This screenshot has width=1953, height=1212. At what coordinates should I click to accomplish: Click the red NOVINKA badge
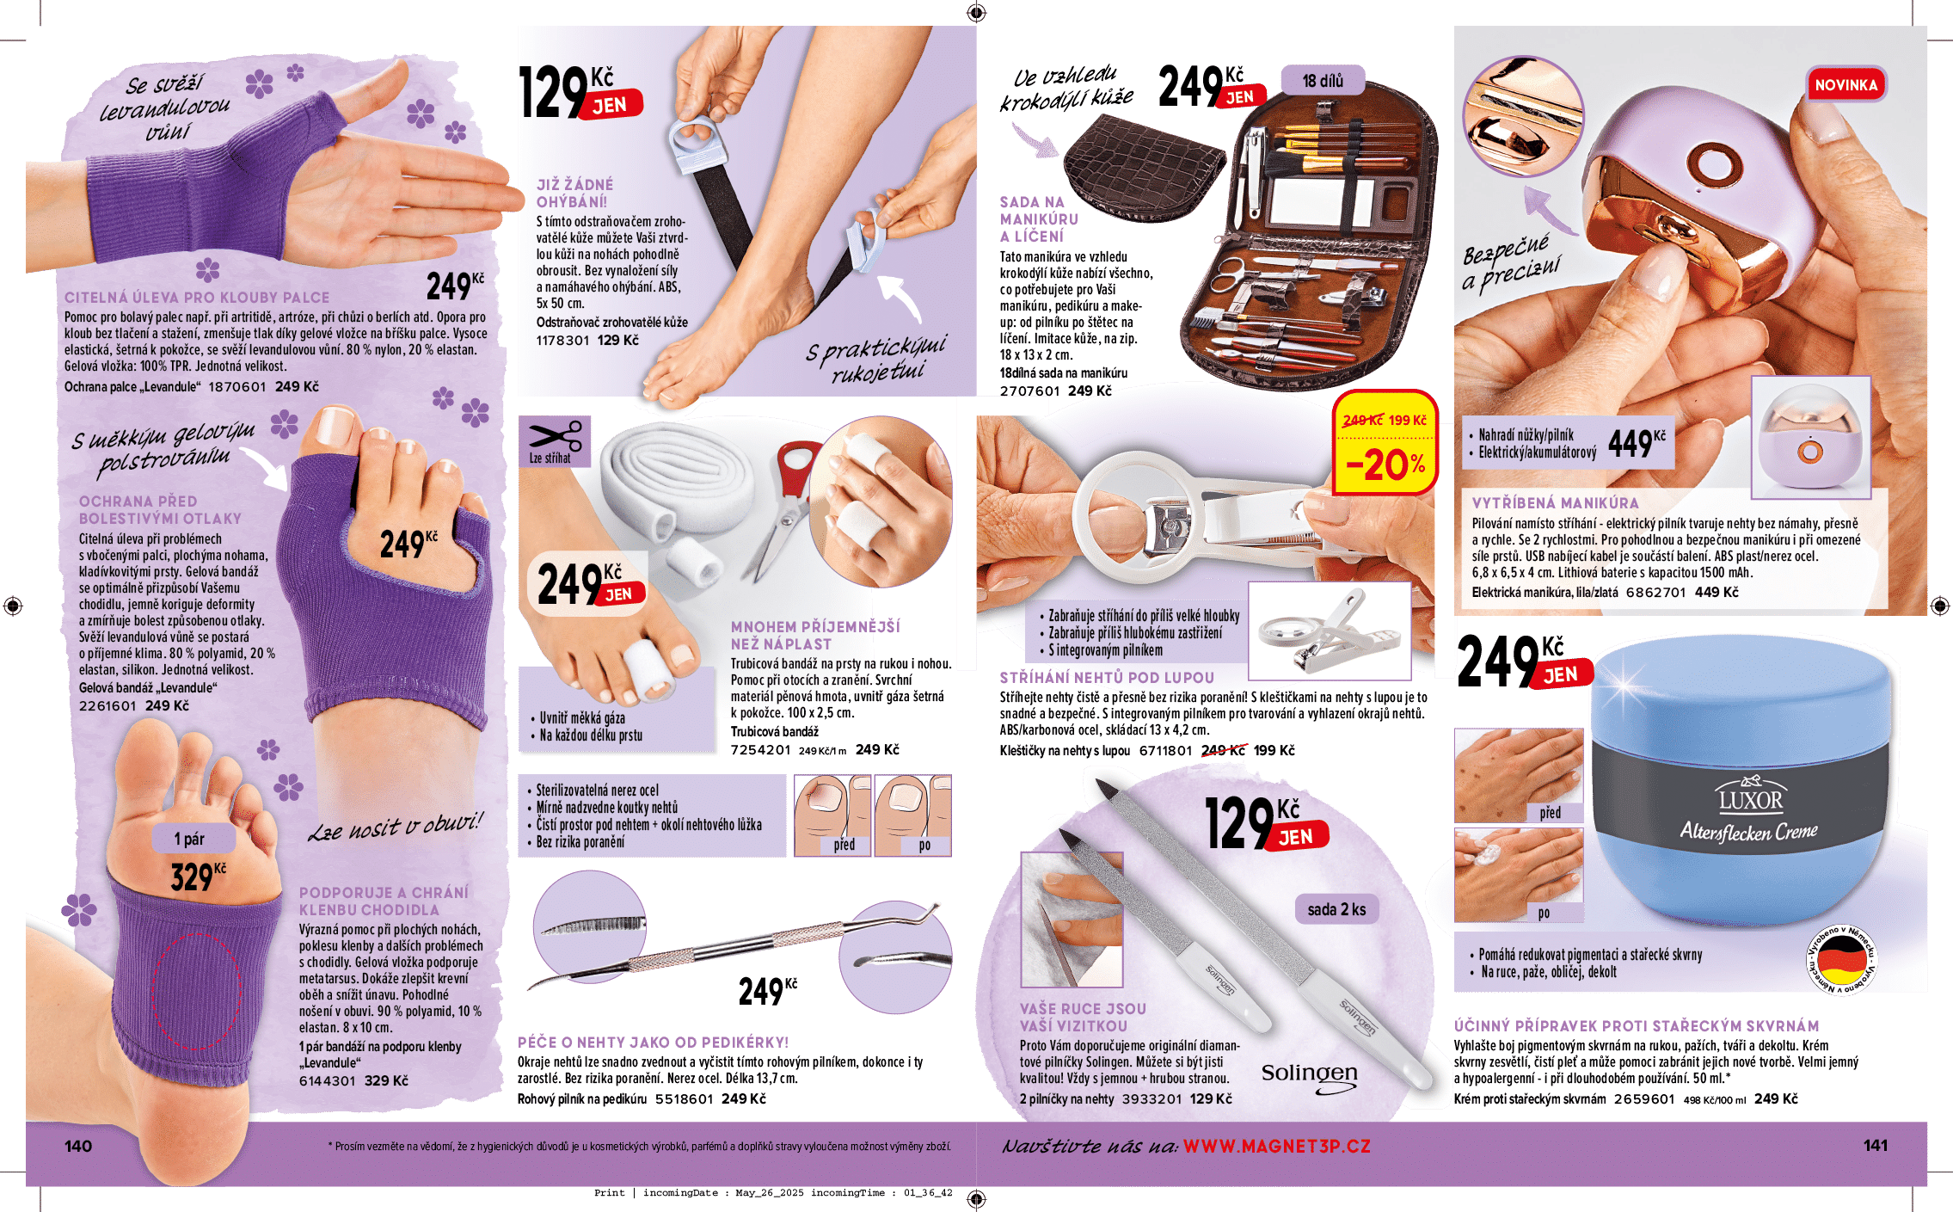[x=1846, y=85]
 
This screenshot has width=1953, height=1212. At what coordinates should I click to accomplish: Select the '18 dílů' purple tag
[x=1323, y=80]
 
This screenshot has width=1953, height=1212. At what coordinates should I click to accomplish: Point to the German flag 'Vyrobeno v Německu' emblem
[x=1840, y=959]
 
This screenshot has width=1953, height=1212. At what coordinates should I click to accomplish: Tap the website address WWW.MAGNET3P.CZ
[x=1276, y=1146]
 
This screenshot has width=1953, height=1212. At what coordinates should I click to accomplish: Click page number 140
[x=78, y=1146]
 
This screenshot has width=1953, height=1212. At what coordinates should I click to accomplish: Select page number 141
[x=1876, y=1145]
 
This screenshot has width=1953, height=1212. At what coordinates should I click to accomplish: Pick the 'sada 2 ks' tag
[x=1336, y=909]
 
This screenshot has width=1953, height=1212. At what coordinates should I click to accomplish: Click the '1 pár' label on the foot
[x=189, y=839]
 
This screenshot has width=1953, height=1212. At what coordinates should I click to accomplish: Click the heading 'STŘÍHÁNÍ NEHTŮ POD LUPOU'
[x=1107, y=678]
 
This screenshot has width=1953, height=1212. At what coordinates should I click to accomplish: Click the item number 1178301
[x=562, y=341]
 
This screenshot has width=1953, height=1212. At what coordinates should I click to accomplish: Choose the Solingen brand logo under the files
[x=1310, y=1076]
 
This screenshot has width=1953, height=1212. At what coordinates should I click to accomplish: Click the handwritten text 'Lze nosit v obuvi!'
[x=396, y=827]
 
